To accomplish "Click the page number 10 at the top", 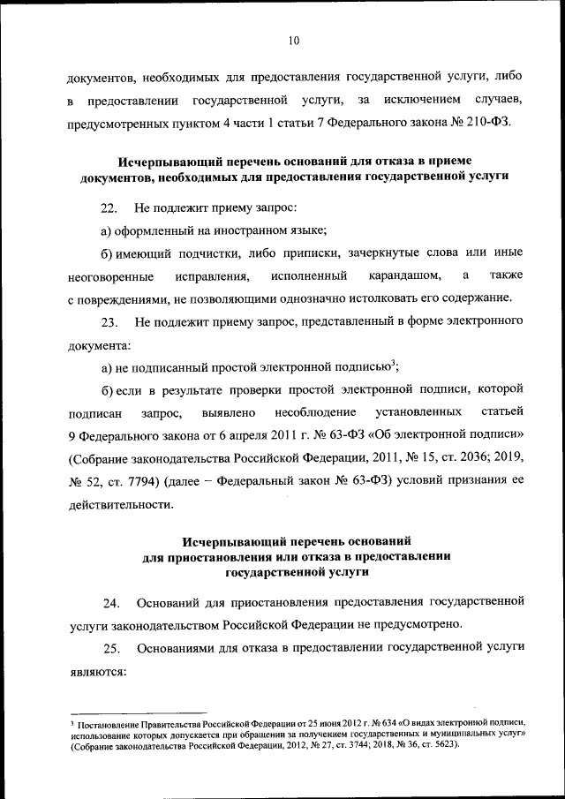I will pyautogui.click(x=295, y=38).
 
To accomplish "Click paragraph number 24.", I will pyautogui.click(x=111, y=603).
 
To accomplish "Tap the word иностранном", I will pyautogui.click(x=230, y=232).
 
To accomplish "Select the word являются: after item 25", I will pyautogui.click(x=97, y=670).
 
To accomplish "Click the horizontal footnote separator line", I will pyautogui.click(x=138, y=712).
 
